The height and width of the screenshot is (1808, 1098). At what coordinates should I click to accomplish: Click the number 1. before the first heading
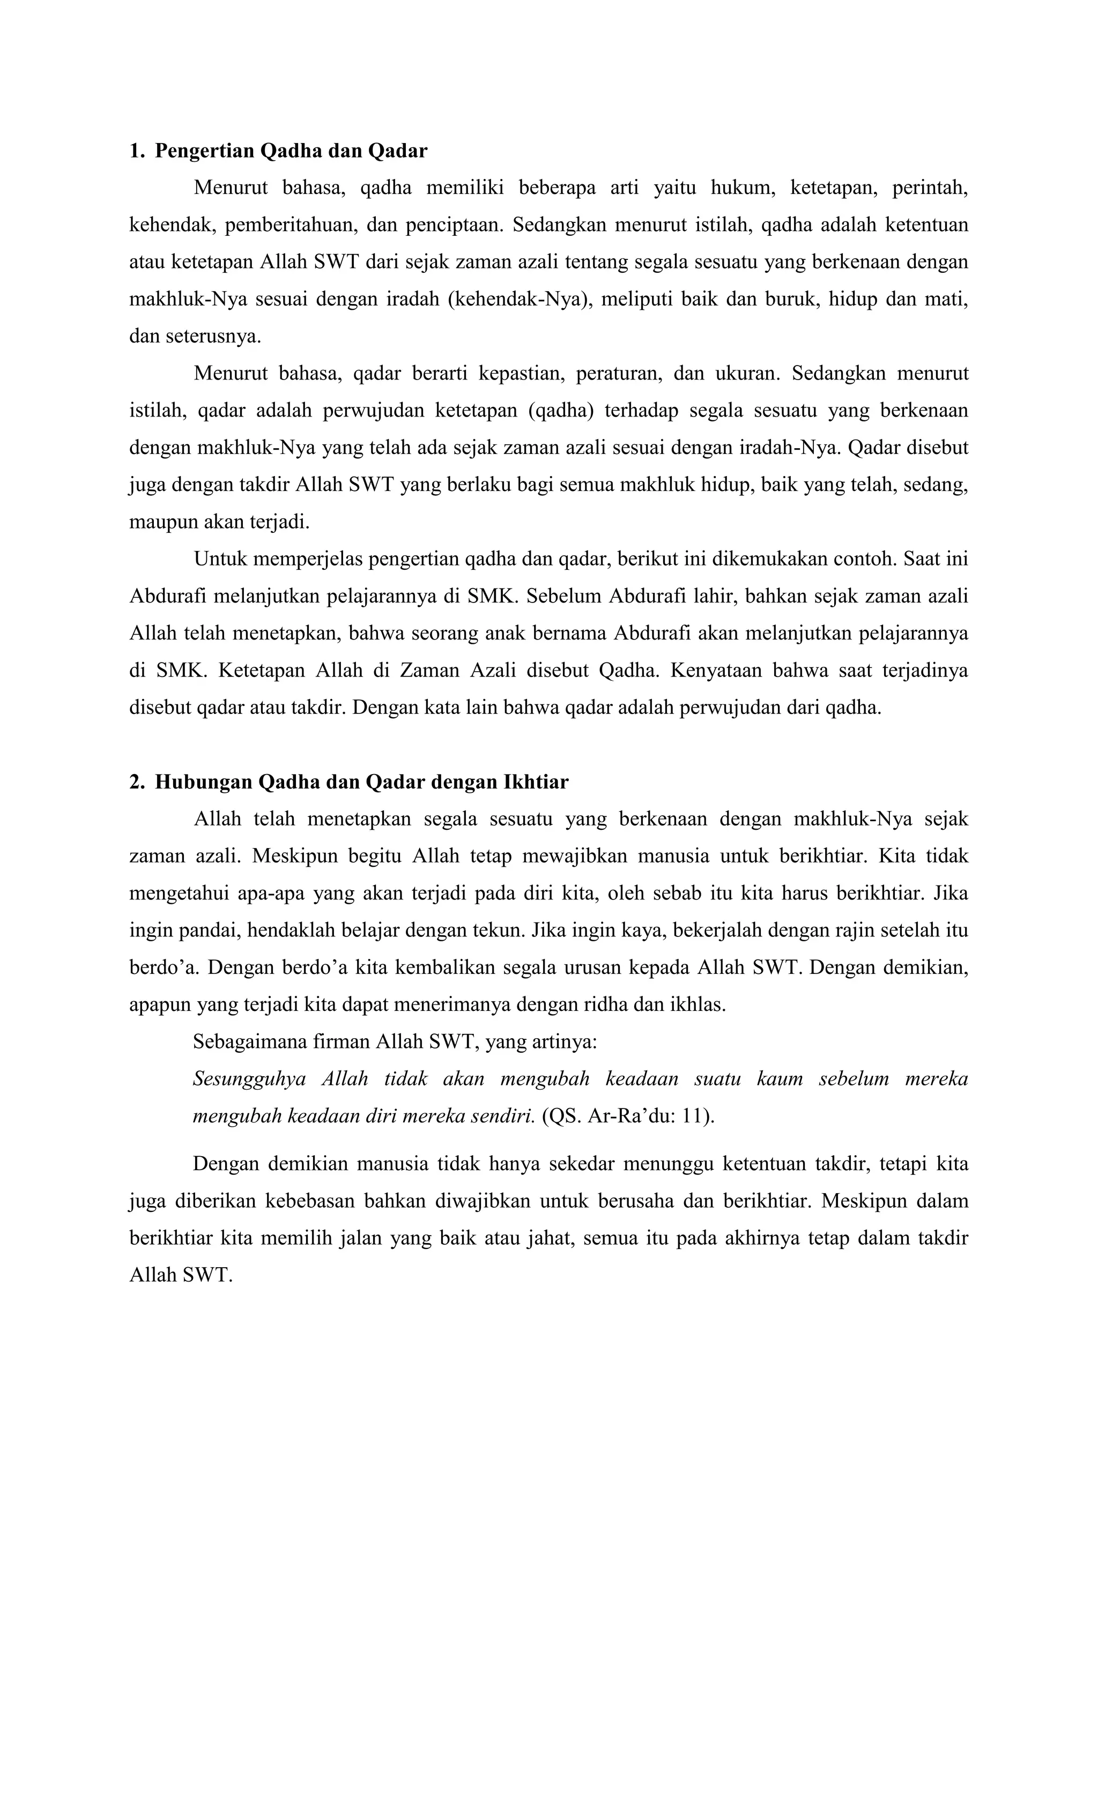pos(137,151)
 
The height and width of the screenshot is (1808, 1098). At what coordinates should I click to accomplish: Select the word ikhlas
pos(696,1005)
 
